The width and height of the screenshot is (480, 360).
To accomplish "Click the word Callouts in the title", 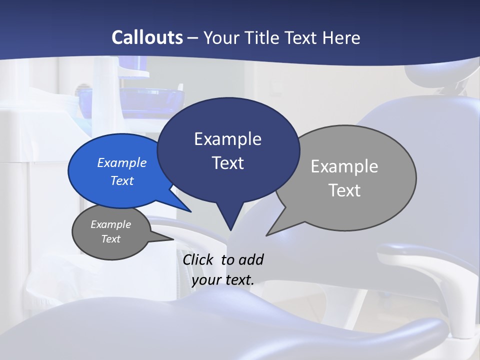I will tap(147, 37).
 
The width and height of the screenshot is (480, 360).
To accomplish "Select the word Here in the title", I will tap(342, 37).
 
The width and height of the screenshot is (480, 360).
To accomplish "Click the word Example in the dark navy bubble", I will tap(227, 139).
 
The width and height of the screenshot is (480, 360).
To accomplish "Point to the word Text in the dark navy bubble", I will tap(227, 163).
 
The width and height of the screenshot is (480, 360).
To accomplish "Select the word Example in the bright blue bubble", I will tap(122, 162).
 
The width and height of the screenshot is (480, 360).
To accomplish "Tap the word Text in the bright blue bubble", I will tap(122, 180).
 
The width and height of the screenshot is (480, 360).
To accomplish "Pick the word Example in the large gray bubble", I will tap(344, 166).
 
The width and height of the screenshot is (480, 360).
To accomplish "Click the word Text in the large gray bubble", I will tap(344, 190).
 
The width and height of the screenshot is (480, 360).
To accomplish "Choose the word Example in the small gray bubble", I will tap(110, 224).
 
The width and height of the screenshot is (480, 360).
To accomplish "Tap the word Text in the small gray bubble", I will tap(110, 239).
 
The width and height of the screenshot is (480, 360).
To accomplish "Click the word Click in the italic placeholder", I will tap(199, 259).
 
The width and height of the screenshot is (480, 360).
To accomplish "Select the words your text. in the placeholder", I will tap(223, 280).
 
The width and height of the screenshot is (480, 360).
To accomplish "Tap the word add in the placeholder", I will tap(251, 259).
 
